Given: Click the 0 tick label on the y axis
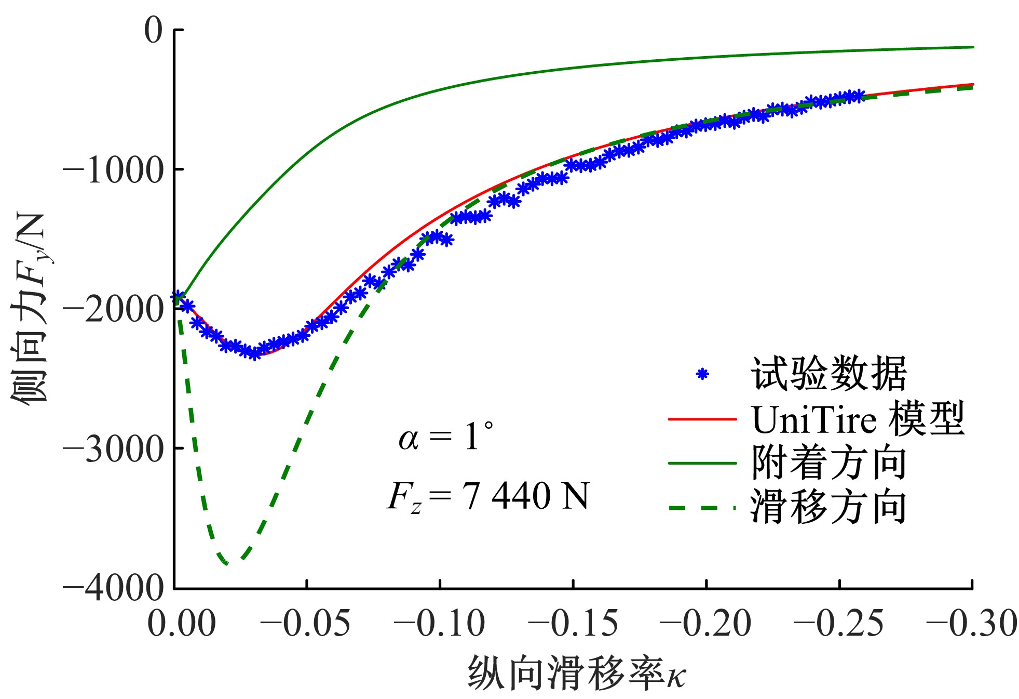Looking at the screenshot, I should tap(154, 30).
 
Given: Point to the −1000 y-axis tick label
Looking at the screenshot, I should tap(113, 170).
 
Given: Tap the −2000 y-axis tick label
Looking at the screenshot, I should tap(113, 309).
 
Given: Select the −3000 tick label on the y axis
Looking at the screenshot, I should tap(113, 449).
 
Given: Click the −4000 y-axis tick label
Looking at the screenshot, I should tap(113, 588).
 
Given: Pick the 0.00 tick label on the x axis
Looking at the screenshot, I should tap(181, 623).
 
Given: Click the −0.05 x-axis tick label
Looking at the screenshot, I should tap(306, 623).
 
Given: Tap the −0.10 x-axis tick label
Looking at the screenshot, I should tap(440, 623).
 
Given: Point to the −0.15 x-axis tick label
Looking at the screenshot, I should tap(573, 623).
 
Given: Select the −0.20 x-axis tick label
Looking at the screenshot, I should tap(706, 623).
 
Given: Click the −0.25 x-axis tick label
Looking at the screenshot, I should tap(839, 623).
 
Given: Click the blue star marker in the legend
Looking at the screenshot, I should tap(702, 374).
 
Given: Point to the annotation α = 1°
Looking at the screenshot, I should tap(446, 437).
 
